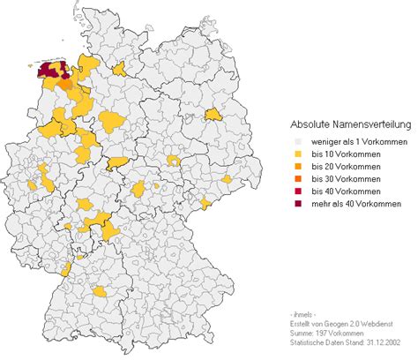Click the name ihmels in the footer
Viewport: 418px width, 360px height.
click(x=302, y=314)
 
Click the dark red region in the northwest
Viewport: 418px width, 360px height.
click(x=51, y=71)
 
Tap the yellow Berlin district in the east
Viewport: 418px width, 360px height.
click(x=213, y=114)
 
